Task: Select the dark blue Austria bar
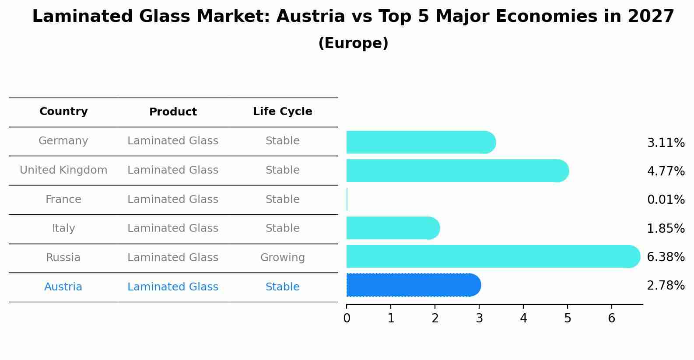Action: [413, 285]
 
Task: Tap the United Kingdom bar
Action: [457, 171]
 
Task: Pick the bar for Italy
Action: [393, 228]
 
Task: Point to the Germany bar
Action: [421, 142]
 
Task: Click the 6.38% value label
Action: [666, 257]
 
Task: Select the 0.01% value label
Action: [666, 200]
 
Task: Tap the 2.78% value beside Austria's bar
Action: [666, 286]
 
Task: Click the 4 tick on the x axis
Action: [523, 318]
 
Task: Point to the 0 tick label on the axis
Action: [347, 318]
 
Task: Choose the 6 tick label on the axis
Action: [612, 318]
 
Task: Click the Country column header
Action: [63, 112]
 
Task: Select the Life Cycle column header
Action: [282, 112]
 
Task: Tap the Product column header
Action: [173, 112]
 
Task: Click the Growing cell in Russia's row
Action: [282, 258]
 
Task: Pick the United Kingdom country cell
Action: [63, 170]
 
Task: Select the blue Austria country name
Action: [63, 287]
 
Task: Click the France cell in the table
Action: [63, 199]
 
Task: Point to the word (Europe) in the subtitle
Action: [353, 43]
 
